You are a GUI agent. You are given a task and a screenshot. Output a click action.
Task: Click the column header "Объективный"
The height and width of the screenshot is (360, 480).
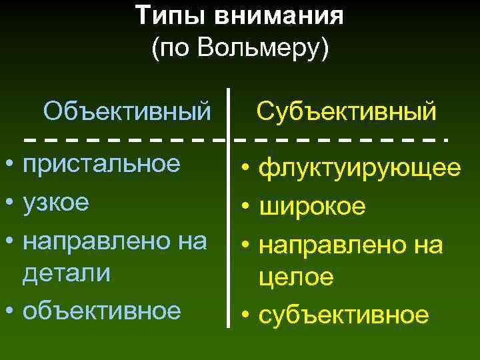click(127, 110)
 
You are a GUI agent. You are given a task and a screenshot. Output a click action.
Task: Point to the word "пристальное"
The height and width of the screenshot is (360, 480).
click(101, 164)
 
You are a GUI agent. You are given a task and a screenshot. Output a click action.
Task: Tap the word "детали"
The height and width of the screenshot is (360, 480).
click(66, 274)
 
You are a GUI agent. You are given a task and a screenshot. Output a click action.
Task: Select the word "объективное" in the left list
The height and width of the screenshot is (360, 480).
click(102, 310)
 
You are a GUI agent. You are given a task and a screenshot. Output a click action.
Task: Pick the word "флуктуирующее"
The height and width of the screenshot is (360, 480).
click(359, 169)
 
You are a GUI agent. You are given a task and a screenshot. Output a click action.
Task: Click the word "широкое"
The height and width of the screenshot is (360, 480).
click(312, 207)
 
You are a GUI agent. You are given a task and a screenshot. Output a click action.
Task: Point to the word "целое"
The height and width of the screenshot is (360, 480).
click(297, 277)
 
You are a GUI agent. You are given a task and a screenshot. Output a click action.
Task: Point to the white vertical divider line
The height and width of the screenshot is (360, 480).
click(229, 213)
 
